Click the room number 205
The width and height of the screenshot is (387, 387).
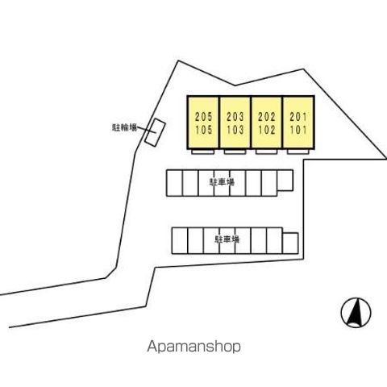coord(203,117)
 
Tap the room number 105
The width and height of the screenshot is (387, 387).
coord(203,130)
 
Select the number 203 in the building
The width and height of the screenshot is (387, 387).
coord(235,117)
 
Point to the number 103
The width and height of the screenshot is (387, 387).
coord(235,130)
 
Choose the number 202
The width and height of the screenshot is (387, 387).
coord(267,117)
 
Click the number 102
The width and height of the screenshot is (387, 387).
coord(267,130)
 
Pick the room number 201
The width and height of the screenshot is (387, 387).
coord(298,117)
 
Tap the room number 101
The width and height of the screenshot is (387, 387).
coord(298,130)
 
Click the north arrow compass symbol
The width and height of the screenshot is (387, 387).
coord(356,313)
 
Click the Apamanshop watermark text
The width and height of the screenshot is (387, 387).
coord(193,347)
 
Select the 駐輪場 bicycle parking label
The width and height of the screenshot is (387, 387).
coord(124,127)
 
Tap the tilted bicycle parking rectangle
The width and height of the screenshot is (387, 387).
coord(155,132)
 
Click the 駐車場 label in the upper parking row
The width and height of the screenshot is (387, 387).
coord(222,182)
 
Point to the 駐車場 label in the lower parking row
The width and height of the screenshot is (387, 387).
coord(227,239)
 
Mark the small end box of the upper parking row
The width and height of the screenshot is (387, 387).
coord(285,181)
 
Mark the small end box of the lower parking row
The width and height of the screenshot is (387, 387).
coord(290,243)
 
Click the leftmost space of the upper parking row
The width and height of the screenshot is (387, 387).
coord(174,183)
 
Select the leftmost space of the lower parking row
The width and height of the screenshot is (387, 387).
coord(180,241)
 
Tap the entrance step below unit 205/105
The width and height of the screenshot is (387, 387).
coord(203,152)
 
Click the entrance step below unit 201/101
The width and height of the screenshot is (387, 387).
coord(298,152)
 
